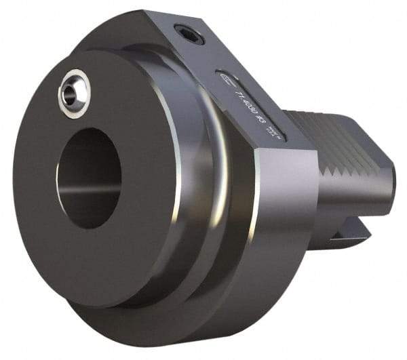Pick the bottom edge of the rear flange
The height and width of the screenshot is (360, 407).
click(x=203, y=332)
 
